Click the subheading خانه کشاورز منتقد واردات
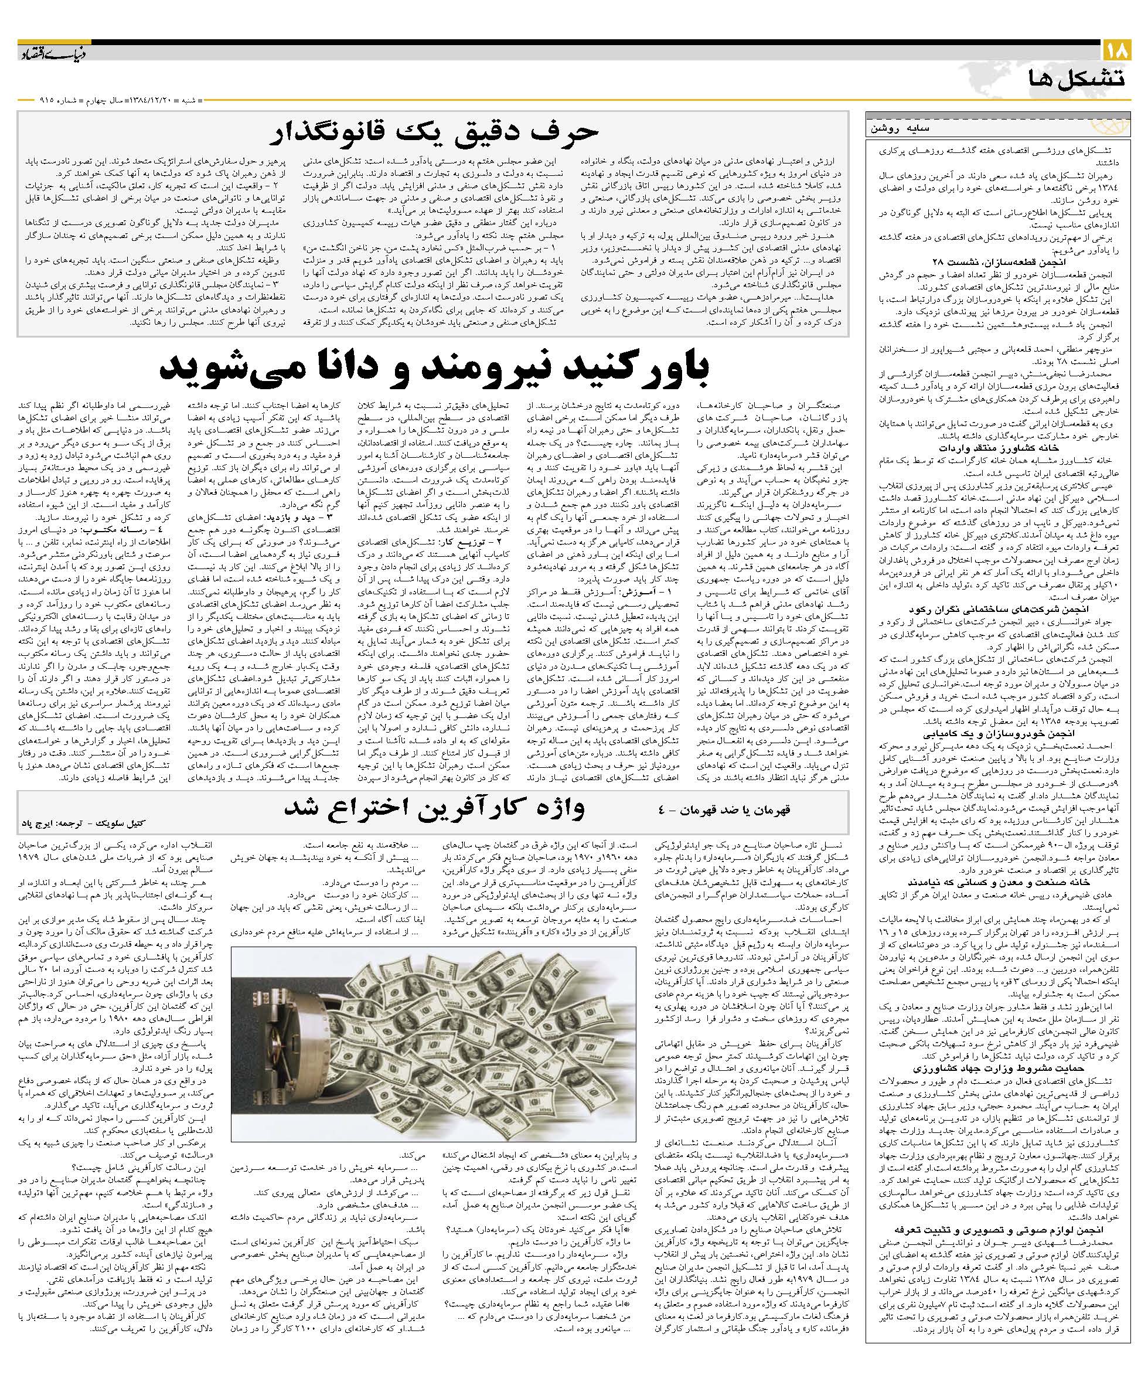pyautogui.click(x=983, y=447)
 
